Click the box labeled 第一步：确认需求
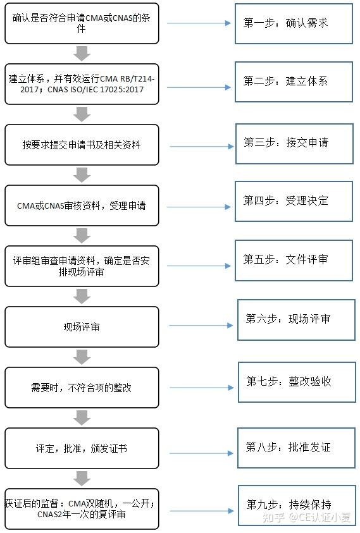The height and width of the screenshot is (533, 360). [294, 23]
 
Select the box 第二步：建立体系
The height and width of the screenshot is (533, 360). [294, 82]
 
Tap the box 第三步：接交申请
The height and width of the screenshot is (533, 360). [294, 143]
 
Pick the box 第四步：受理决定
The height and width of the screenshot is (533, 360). [294, 201]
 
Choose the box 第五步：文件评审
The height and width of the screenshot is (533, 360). [294, 260]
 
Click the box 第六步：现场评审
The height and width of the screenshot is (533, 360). [296, 319]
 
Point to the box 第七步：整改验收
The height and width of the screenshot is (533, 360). [296, 382]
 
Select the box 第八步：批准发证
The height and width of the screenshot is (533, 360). [296, 448]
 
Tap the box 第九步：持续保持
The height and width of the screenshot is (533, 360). [296, 505]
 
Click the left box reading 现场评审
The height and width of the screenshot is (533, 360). [82, 327]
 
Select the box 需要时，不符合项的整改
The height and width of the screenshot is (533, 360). [82, 388]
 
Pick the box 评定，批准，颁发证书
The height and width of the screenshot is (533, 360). [82, 448]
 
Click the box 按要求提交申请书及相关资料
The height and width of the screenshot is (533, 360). [82, 145]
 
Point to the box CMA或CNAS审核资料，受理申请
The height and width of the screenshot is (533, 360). [82, 205]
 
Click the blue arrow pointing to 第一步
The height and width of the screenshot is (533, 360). [199, 23]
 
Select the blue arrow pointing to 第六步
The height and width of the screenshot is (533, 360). [201, 326]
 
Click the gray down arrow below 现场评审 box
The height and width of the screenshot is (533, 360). [82, 357]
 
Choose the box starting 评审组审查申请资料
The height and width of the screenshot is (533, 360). [82, 266]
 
